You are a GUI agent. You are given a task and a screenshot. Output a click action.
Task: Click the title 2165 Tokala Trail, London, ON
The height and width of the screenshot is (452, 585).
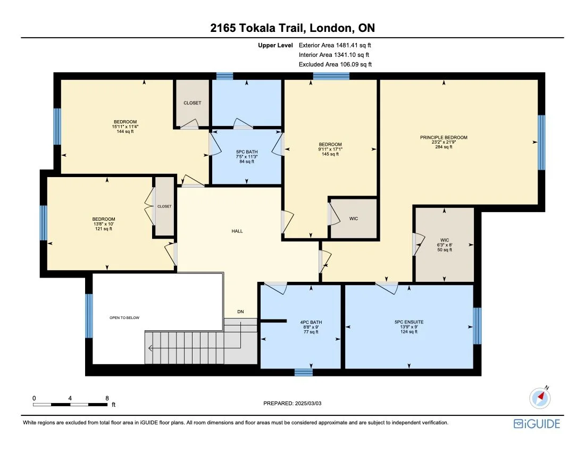point(292,28)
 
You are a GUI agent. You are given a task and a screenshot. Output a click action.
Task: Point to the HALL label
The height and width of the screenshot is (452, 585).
point(237,231)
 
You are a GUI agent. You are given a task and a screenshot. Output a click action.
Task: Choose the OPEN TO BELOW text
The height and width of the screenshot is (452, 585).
point(124,317)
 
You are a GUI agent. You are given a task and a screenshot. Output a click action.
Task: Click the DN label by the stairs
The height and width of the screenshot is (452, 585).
point(241,312)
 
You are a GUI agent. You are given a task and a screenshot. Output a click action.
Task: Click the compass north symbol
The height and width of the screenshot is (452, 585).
point(541,397)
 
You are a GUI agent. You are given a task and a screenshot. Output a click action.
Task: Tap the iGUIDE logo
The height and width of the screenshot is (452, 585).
point(537,424)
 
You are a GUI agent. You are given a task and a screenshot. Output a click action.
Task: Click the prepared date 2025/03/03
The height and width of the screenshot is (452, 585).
point(292,404)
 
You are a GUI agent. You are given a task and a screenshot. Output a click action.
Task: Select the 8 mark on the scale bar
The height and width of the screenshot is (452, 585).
point(107,398)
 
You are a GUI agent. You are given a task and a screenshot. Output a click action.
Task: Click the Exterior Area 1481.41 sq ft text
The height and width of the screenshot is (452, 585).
point(335,46)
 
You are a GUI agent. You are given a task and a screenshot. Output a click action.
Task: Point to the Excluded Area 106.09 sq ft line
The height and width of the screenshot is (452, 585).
point(335,64)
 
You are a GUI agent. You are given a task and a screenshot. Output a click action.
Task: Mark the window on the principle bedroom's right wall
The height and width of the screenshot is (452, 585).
point(541,143)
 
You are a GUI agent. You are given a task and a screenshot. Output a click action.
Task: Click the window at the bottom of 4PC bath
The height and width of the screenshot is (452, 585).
point(303,372)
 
